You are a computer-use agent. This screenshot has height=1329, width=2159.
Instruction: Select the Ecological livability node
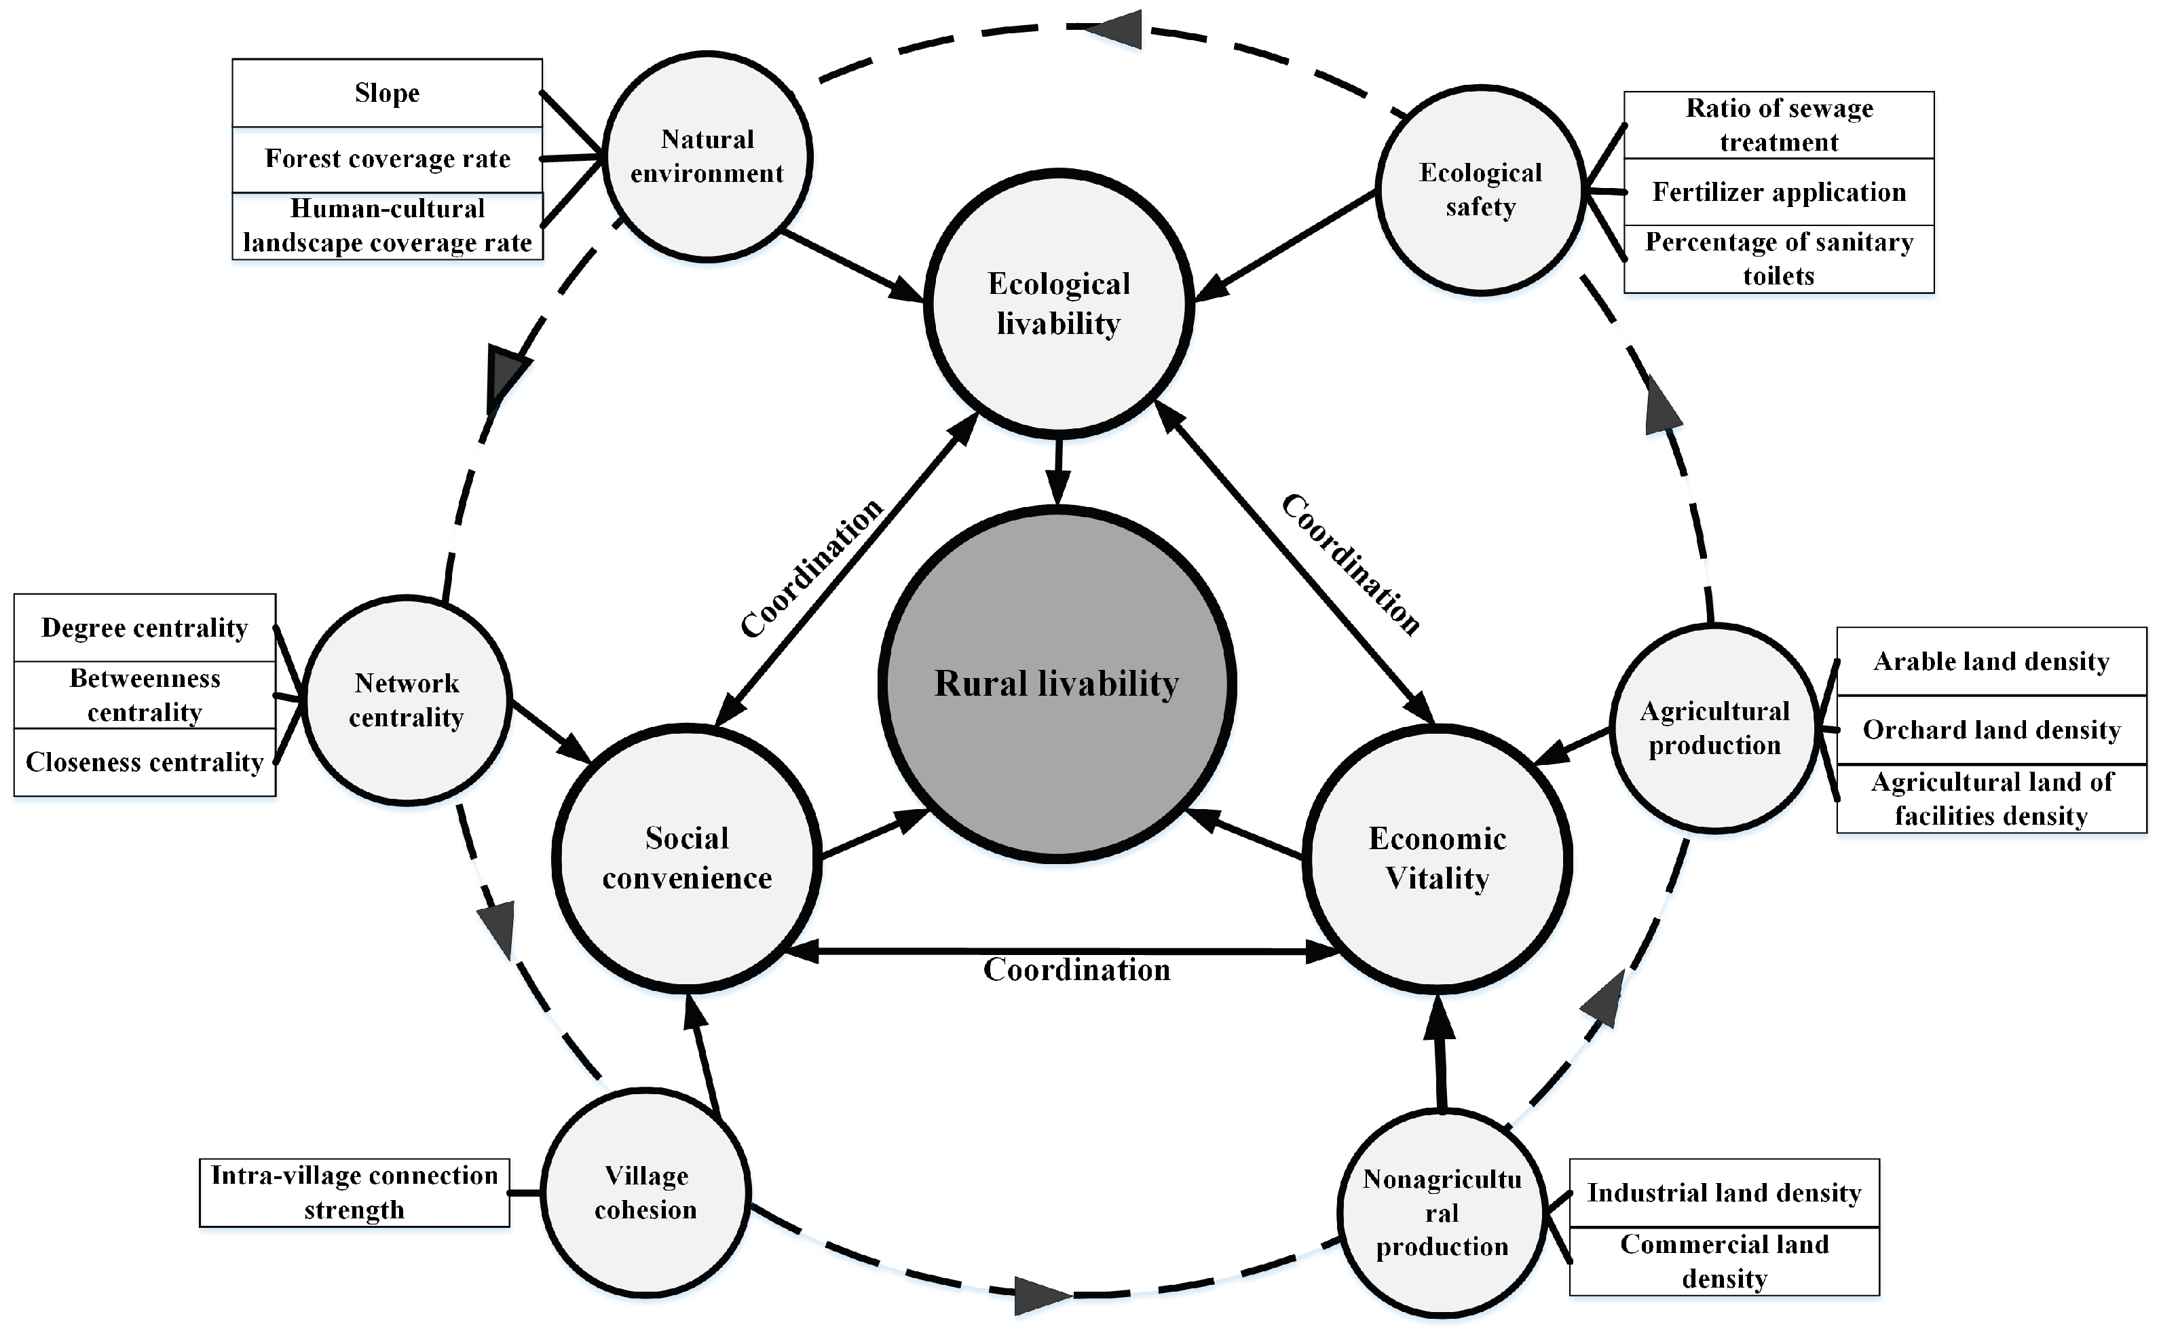(1058, 303)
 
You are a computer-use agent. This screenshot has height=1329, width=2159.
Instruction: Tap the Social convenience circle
(687, 858)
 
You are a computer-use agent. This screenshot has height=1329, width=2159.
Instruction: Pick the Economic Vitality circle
(1438, 858)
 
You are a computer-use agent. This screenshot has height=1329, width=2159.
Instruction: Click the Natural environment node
(707, 157)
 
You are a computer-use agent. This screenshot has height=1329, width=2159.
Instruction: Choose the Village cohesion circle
(646, 1193)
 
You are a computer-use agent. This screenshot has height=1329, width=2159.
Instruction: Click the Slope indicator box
(388, 93)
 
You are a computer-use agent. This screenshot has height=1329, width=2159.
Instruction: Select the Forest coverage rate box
(388, 159)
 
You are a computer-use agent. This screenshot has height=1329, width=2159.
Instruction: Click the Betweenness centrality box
(145, 694)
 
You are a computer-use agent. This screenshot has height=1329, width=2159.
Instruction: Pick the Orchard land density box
(1991, 730)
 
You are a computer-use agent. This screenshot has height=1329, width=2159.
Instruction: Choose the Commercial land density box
(1724, 1261)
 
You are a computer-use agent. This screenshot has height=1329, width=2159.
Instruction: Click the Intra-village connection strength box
(354, 1193)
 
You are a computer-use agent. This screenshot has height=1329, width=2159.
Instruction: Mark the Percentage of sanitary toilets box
(1778, 259)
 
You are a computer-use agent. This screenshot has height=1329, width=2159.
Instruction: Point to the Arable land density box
(1991, 662)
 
